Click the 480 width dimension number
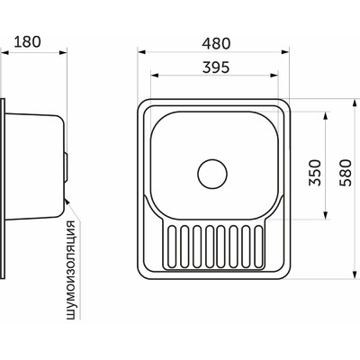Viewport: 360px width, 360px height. (x=215, y=41)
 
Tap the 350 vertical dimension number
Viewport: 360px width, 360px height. (x=314, y=172)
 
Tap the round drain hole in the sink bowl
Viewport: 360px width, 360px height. (x=212, y=170)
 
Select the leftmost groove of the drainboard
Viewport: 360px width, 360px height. (x=167, y=247)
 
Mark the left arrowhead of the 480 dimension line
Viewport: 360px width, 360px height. (x=145, y=53)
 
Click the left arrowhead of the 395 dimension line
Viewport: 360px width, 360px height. (x=150, y=77)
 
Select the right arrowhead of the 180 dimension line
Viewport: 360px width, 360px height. (x=66, y=53)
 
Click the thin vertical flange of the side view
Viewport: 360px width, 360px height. (x=3, y=180)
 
